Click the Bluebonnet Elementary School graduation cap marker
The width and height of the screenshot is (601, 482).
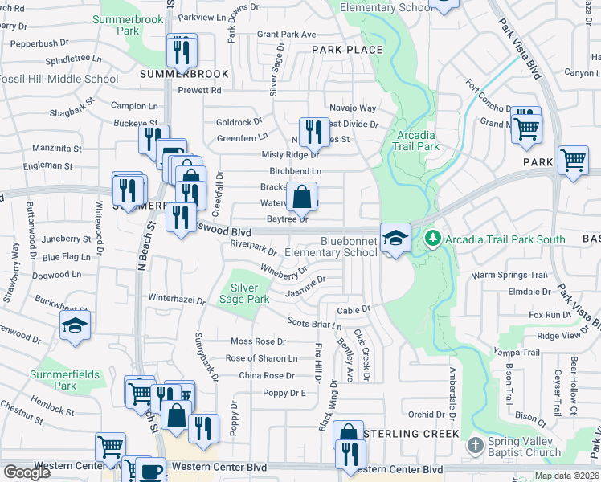[395, 238]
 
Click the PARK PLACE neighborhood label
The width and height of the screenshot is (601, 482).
[347, 50]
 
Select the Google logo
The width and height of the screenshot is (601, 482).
[27, 472]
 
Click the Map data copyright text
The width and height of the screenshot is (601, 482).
[566, 476]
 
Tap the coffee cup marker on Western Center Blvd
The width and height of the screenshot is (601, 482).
[149, 470]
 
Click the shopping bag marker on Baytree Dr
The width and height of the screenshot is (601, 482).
[301, 196]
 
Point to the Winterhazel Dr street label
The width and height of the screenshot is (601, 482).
[177, 299]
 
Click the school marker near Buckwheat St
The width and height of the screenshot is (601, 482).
[75, 325]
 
